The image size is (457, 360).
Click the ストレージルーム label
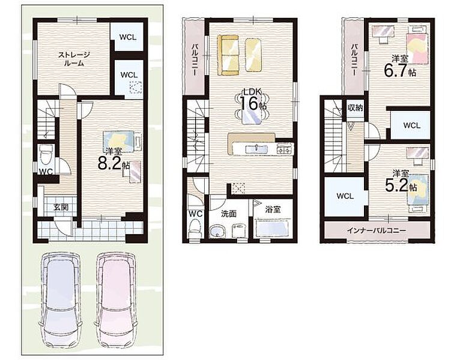[x=73, y=59]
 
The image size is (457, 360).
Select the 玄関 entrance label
[x=61, y=207]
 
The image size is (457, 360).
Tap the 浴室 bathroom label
[x=273, y=209]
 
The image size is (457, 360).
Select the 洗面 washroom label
[x=228, y=214]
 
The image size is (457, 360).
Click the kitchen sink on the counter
[x=256, y=149]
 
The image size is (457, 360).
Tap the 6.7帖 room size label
[x=399, y=70]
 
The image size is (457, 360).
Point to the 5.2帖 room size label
[x=401, y=185]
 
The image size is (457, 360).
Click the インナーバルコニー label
[x=376, y=230]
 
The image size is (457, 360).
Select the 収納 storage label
[x=355, y=108]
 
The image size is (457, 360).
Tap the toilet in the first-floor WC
[x=46, y=155]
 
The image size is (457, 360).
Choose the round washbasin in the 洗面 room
[x=217, y=231]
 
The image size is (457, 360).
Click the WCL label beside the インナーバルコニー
[x=345, y=196]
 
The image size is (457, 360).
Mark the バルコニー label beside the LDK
[x=195, y=59]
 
